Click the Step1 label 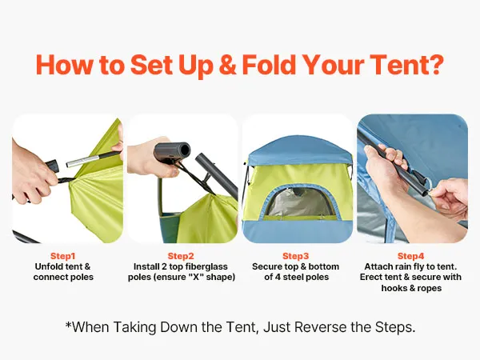62,256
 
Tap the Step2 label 181,256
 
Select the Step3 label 295,256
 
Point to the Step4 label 411,256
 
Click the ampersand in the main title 227,65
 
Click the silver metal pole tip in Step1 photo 82,161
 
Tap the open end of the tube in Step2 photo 185,150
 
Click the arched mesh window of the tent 298,202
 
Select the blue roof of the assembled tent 298,150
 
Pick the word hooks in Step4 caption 391,288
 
